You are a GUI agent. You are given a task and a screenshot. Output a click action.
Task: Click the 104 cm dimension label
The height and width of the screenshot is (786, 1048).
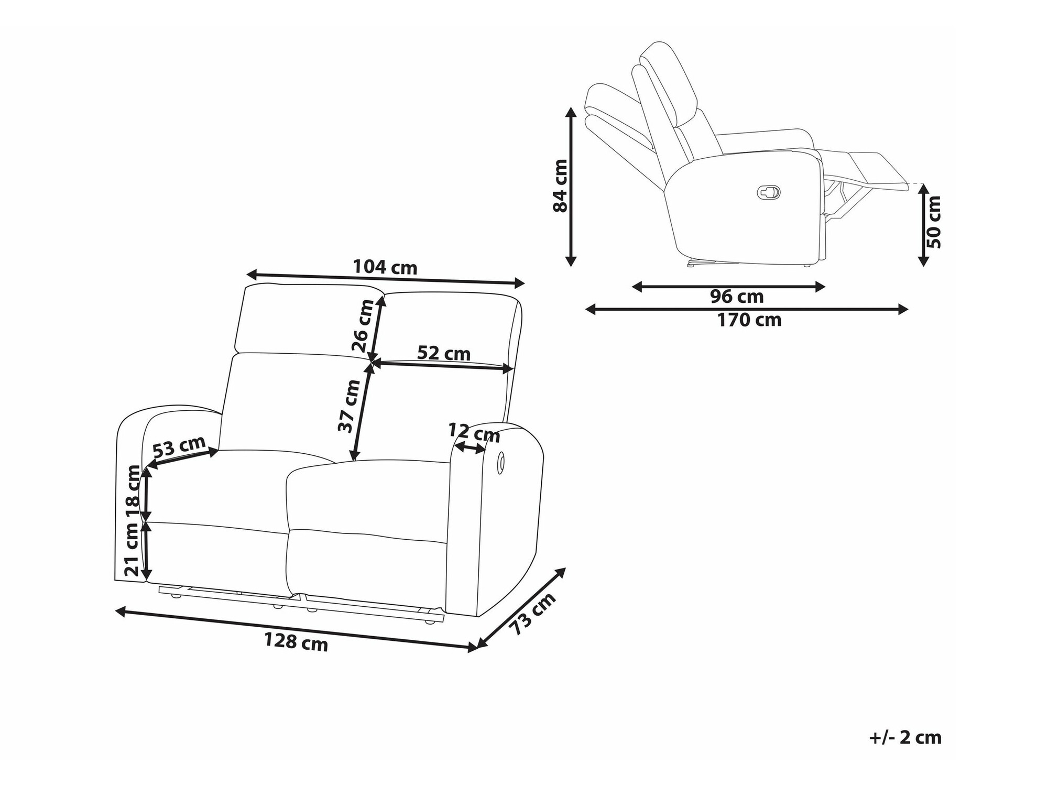(385, 268)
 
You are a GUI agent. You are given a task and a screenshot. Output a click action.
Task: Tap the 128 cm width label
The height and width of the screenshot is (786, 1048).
(296, 641)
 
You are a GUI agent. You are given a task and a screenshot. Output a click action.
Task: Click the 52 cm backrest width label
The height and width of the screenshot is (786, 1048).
(444, 353)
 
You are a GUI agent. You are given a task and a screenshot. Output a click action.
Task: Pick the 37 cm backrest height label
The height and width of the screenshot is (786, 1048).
(349, 406)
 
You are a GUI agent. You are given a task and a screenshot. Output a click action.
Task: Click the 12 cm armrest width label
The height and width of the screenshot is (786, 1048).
(474, 433)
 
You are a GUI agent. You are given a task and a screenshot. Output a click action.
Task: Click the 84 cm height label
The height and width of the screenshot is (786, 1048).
(560, 185)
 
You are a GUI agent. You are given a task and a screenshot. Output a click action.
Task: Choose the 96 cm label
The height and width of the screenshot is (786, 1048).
(737, 297)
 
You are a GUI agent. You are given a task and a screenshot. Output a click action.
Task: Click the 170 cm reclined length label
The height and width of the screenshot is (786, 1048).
(749, 320)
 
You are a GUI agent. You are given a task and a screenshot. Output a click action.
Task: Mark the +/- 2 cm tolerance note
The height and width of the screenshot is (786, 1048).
(905, 737)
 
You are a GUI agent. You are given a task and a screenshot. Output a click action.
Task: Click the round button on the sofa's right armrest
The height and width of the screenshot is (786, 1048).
(500, 463)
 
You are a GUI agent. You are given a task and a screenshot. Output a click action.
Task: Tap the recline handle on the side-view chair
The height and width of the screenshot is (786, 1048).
(768, 192)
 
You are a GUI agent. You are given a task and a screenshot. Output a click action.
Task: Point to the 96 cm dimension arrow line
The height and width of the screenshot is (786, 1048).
(729, 287)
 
